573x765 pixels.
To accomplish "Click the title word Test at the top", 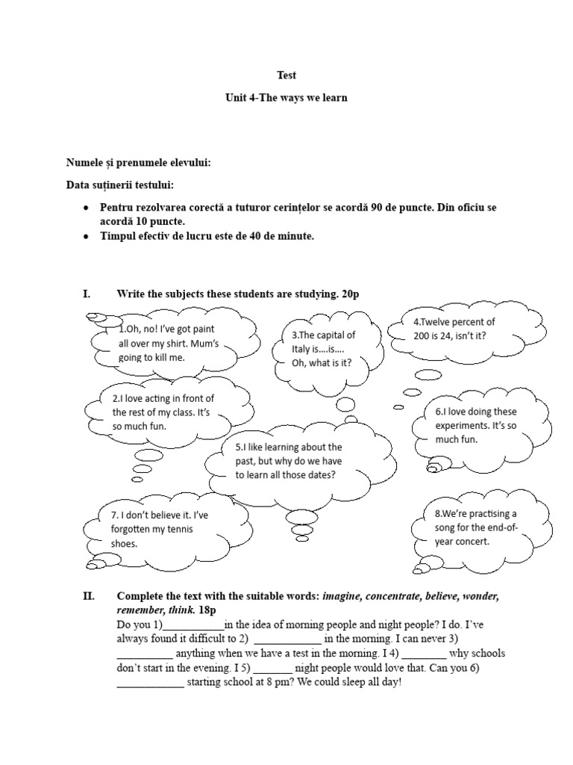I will point(286,75).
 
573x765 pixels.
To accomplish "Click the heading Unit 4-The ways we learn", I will point(286,99).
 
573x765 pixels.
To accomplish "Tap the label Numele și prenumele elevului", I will point(133,162).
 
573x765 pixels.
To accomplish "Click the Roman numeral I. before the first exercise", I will point(86,294).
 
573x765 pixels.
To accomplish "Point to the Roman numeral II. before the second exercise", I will point(88,597).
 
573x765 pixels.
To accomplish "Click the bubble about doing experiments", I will point(475,425).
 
